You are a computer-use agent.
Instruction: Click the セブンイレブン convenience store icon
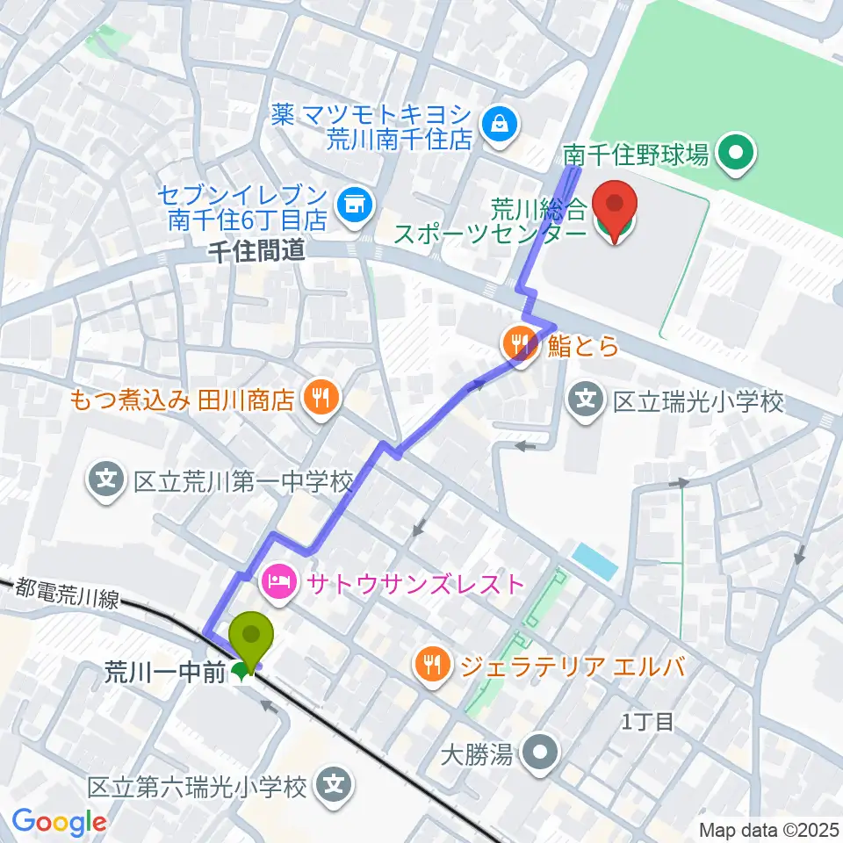[357, 205]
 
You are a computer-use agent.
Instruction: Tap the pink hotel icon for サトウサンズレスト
[278, 582]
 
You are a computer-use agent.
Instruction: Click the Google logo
[58, 822]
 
